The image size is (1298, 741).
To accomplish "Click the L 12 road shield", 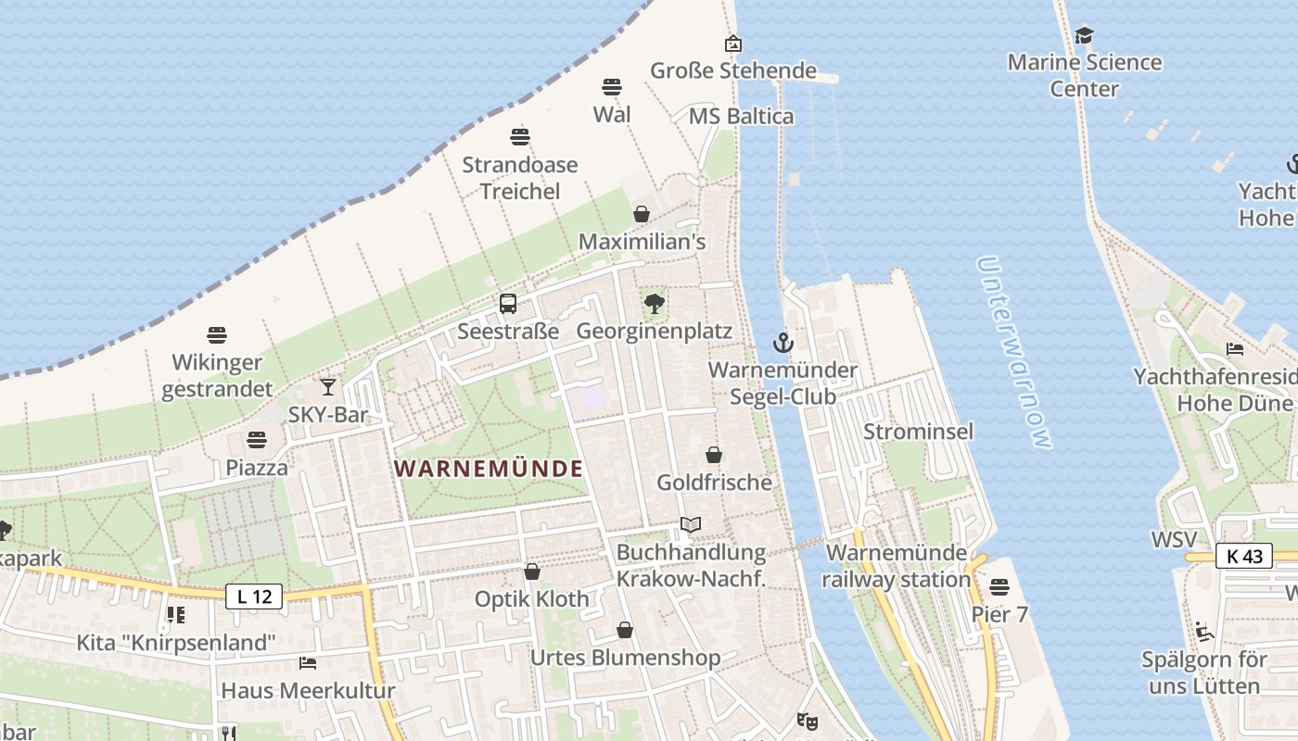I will point(254,597).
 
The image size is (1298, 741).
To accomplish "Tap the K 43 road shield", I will point(1243,556).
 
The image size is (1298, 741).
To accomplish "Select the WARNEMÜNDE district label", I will point(489,469).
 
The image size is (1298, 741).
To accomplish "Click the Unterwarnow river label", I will point(1015,352).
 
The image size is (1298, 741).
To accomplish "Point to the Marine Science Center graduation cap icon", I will point(1084,36).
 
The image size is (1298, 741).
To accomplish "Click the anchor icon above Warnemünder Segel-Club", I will point(783,343).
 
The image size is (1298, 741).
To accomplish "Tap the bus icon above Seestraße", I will point(508,303).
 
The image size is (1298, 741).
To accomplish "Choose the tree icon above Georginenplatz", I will point(655,303).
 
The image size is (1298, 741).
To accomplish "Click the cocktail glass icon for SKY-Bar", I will point(328,386).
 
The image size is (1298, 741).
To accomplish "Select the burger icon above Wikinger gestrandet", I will point(217,334).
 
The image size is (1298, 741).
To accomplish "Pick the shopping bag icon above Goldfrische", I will point(714,455).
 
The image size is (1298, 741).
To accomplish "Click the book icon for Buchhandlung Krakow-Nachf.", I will point(691,524).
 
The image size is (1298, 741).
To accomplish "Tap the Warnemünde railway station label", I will point(897,566).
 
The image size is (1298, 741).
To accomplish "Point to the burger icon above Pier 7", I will point(999,586).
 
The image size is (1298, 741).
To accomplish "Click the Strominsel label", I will point(918,431).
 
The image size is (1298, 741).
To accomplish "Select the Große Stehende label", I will point(733,70).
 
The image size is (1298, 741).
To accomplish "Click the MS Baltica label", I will point(741,116).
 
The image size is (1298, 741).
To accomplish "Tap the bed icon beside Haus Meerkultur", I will point(308,662).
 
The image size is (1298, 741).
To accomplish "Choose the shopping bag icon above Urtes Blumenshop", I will point(625,630).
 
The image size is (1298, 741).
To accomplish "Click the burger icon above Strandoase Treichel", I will point(520,137).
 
